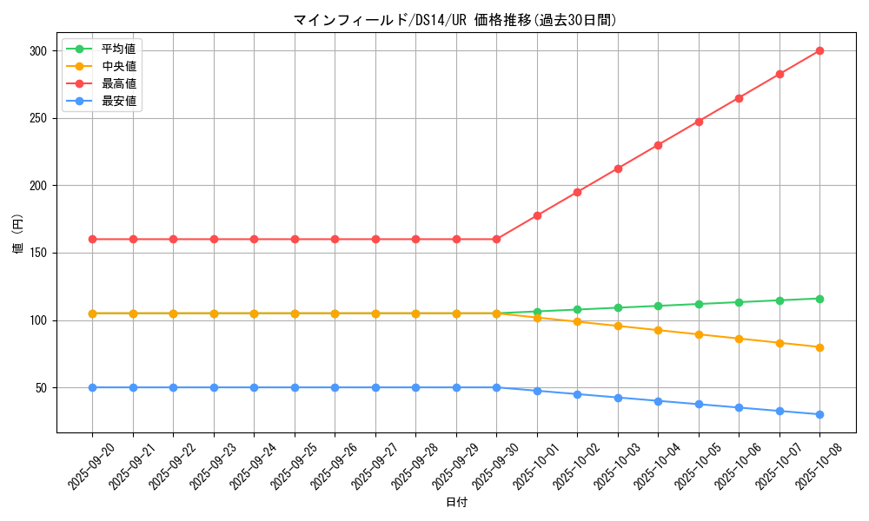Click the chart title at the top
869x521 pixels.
(x=456, y=20)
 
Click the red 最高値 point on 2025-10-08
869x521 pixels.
(x=819, y=50)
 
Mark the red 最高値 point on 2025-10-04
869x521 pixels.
(x=658, y=145)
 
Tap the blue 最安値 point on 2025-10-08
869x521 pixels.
(x=819, y=414)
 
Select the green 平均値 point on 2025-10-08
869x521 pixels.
(x=819, y=299)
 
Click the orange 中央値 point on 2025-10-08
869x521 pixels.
(x=819, y=347)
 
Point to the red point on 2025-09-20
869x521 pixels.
(x=92, y=239)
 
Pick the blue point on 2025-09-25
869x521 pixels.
(x=295, y=387)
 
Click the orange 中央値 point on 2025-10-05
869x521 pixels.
(x=699, y=334)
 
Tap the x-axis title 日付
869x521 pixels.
(x=456, y=503)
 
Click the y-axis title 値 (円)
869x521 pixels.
(x=17, y=234)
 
